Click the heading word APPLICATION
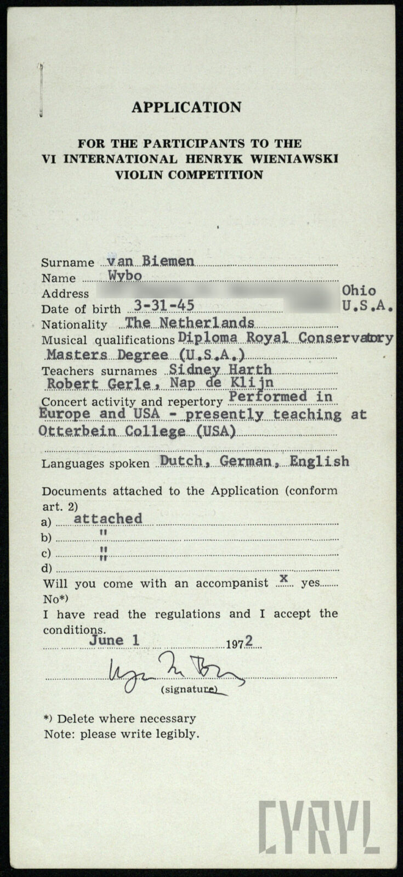186,107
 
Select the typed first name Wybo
125,276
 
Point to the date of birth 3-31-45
164,306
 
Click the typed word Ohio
359,291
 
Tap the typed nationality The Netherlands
190,322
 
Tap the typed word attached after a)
108,519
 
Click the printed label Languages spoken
95,464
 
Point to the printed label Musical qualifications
107,340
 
